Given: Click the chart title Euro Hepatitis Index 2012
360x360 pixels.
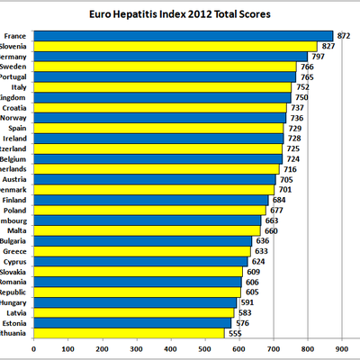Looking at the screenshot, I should click(x=184, y=15).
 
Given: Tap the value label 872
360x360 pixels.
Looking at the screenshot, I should click(x=343, y=35).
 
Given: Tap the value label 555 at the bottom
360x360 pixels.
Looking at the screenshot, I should click(x=235, y=333).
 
